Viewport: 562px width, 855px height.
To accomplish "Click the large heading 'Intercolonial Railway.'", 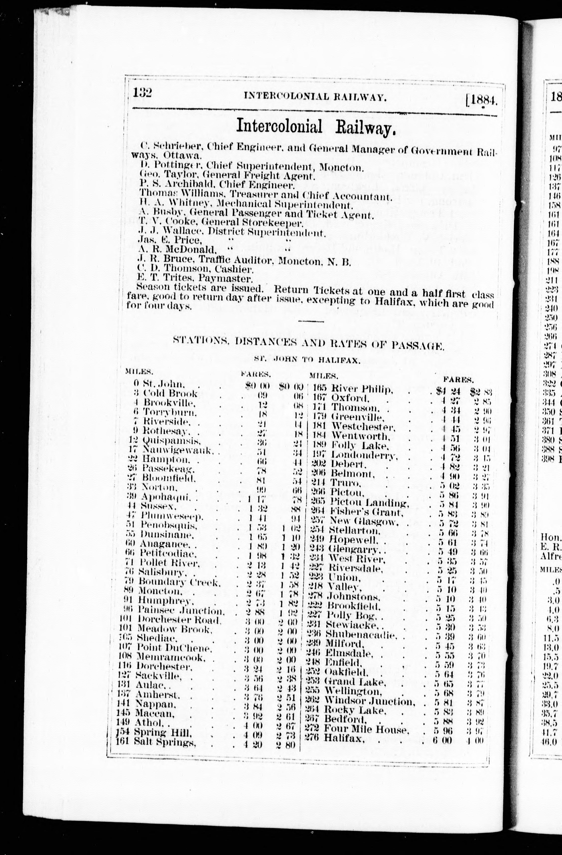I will point(316,126).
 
